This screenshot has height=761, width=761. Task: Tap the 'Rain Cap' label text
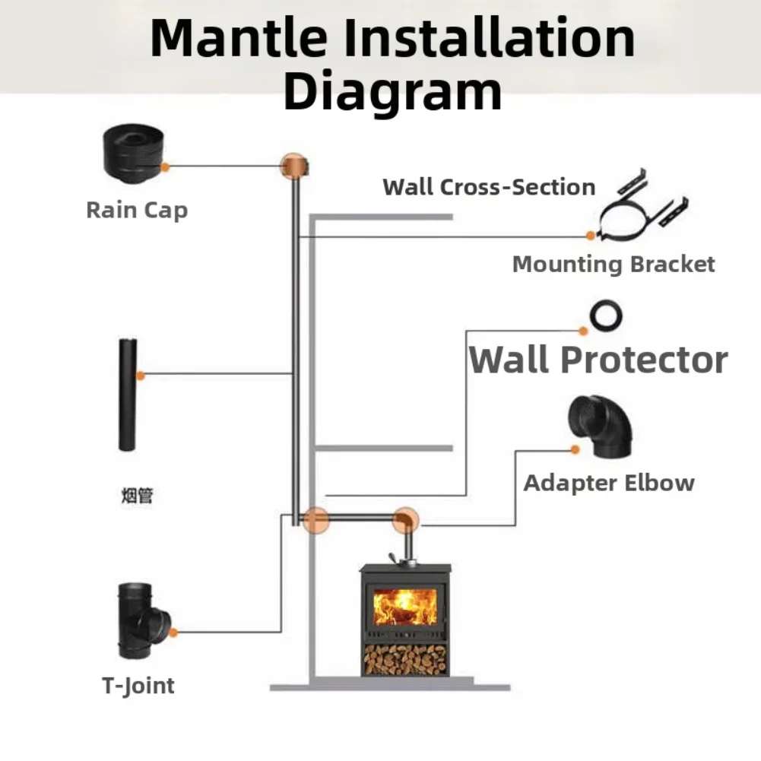click(137, 210)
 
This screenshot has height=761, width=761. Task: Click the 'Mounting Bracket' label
click(614, 265)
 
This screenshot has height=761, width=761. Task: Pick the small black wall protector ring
click(607, 313)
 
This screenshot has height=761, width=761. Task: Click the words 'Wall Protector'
click(598, 359)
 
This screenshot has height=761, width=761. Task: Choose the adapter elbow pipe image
click(601, 427)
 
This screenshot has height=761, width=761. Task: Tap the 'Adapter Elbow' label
click(609, 483)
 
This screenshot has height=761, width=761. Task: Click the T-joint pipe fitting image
click(141, 620)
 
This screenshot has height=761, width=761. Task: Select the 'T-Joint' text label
click(138, 686)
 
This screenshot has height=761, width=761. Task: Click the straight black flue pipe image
click(128, 395)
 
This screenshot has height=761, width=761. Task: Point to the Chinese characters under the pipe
click(138, 496)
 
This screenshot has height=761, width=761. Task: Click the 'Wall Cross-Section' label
click(489, 187)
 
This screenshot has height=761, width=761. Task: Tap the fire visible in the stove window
click(404, 607)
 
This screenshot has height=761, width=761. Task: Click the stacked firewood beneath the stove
click(405, 659)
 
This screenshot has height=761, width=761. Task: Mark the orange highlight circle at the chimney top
click(293, 166)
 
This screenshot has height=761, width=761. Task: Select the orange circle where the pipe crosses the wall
click(315, 521)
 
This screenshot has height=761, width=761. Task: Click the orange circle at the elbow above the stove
click(405, 521)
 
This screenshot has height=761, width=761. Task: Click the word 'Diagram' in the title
click(392, 90)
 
